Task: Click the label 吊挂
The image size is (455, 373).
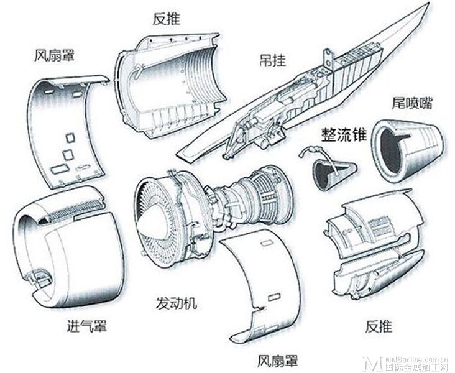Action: click(x=272, y=60)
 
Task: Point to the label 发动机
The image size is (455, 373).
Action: click(x=177, y=303)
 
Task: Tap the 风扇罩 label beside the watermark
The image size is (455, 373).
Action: click(x=277, y=360)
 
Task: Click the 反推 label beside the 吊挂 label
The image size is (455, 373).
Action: click(x=166, y=19)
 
